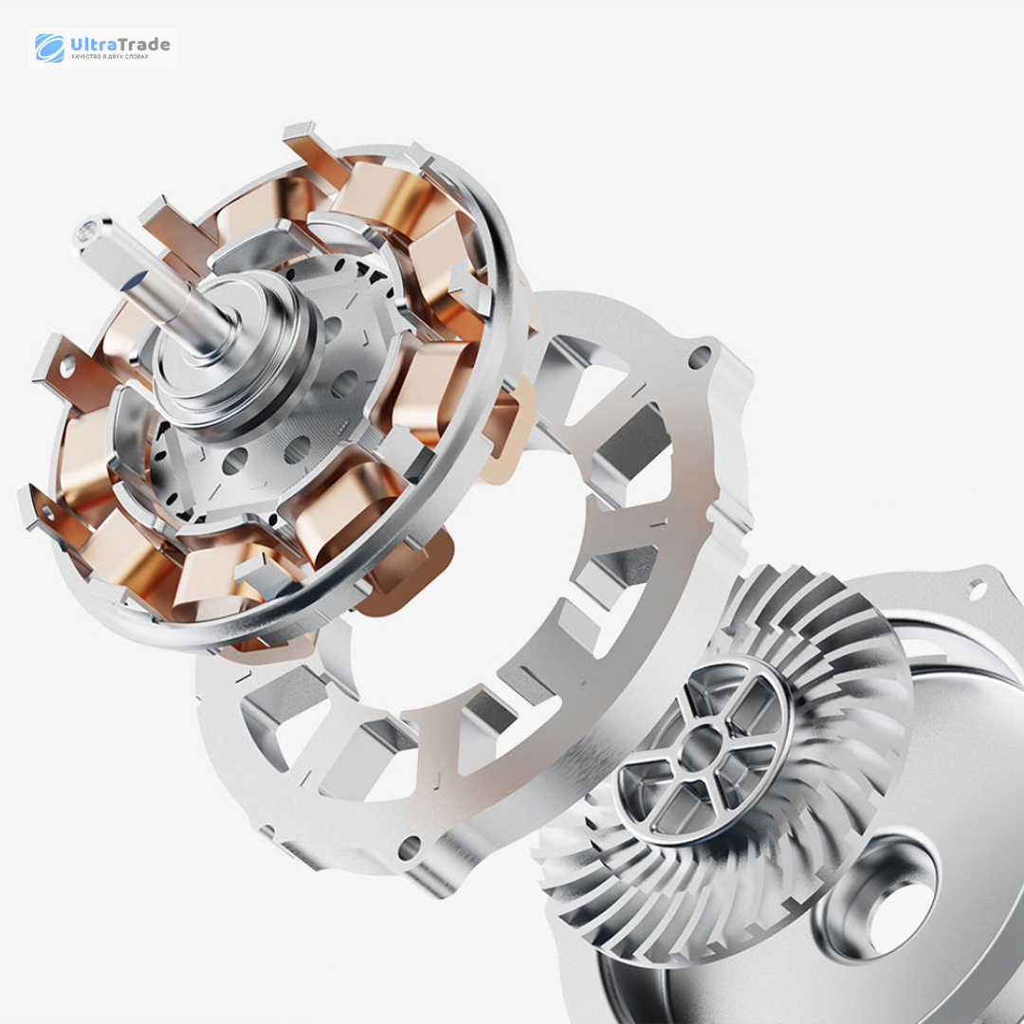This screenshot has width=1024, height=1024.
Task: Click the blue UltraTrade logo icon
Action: (x=49, y=47)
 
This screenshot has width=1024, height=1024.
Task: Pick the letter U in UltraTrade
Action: (x=76, y=45)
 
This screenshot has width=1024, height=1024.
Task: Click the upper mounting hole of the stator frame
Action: (x=700, y=357)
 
